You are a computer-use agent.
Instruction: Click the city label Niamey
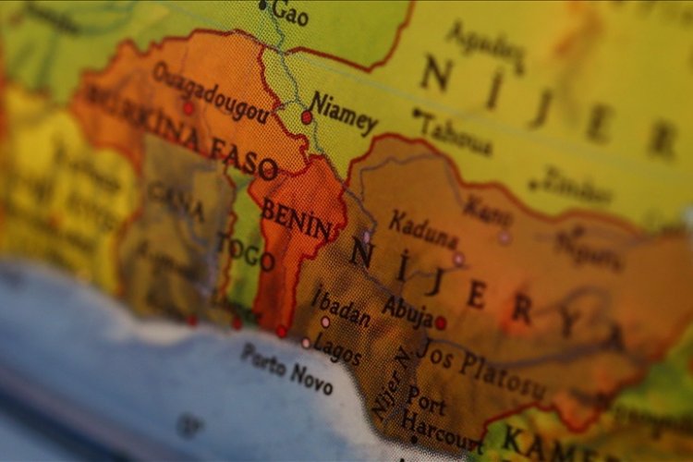click(x=344, y=113)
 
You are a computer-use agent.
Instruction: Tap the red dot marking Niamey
click(x=307, y=117)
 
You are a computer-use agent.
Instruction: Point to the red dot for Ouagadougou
click(x=188, y=108)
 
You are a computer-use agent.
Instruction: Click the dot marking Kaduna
click(x=458, y=259)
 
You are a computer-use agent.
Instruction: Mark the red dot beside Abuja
click(x=441, y=322)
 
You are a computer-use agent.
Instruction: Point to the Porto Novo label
click(x=286, y=368)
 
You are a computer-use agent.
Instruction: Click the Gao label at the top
click(x=289, y=13)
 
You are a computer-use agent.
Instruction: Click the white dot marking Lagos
click(x=306, y=343)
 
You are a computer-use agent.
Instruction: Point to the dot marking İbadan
click(x=324, y=322)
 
